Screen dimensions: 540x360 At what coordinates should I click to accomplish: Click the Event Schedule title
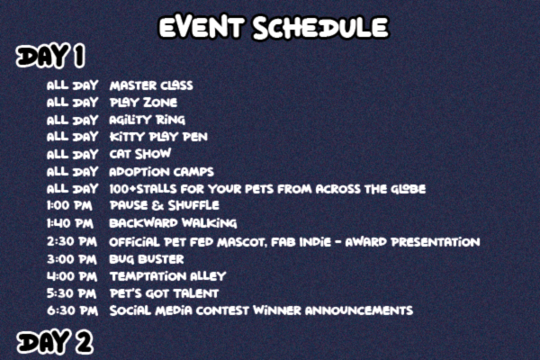(x=274, y=27)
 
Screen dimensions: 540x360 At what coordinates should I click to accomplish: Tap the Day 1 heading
(x=50, y=56)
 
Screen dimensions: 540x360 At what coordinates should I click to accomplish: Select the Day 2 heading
(x=55, y=342)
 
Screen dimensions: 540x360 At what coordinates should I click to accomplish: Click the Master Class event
(x=151, y=85)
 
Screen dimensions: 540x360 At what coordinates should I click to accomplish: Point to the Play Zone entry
(x=143, y=103)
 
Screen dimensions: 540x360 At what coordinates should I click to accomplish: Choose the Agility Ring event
(x=147, y=120)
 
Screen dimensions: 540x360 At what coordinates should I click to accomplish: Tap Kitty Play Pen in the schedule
(x=158, y=137)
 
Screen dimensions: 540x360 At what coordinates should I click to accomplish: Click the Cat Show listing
(x=139, y=154)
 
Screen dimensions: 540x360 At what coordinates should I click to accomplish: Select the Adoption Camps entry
(x=161, y=172)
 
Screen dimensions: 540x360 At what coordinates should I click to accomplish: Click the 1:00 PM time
(x=69, y=206)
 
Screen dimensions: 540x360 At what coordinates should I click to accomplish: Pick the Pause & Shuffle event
(x=165, y=206)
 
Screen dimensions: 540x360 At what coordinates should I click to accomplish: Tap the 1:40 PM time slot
(x=70, y=223)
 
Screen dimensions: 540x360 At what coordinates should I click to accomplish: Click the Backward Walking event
(x=173, y=223)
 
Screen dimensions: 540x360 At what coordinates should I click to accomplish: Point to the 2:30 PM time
(x=72, y=241)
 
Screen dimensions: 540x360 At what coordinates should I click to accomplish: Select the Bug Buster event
(x=147, y=259)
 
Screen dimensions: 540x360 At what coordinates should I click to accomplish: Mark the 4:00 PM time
(x=72, y=276)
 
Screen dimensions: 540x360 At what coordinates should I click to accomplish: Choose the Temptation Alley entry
(x=167, y=276)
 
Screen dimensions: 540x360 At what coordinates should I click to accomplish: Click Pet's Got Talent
(x=164, y=293)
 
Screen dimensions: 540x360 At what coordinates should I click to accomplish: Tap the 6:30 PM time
(x=72, y=310)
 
